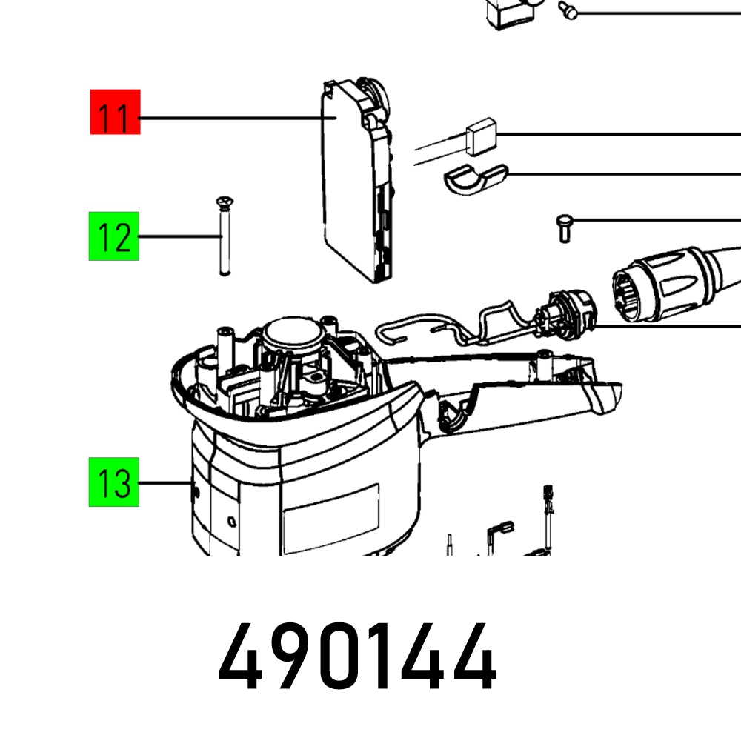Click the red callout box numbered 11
[x=116, y=112]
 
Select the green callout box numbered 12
[x=114, y=236]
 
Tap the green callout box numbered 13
[x=114, y=482]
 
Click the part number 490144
[x=357, y=657]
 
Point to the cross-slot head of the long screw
[x=226, y=202]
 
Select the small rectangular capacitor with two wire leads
[x=481, y=136]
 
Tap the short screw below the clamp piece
[x=564, y=229]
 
